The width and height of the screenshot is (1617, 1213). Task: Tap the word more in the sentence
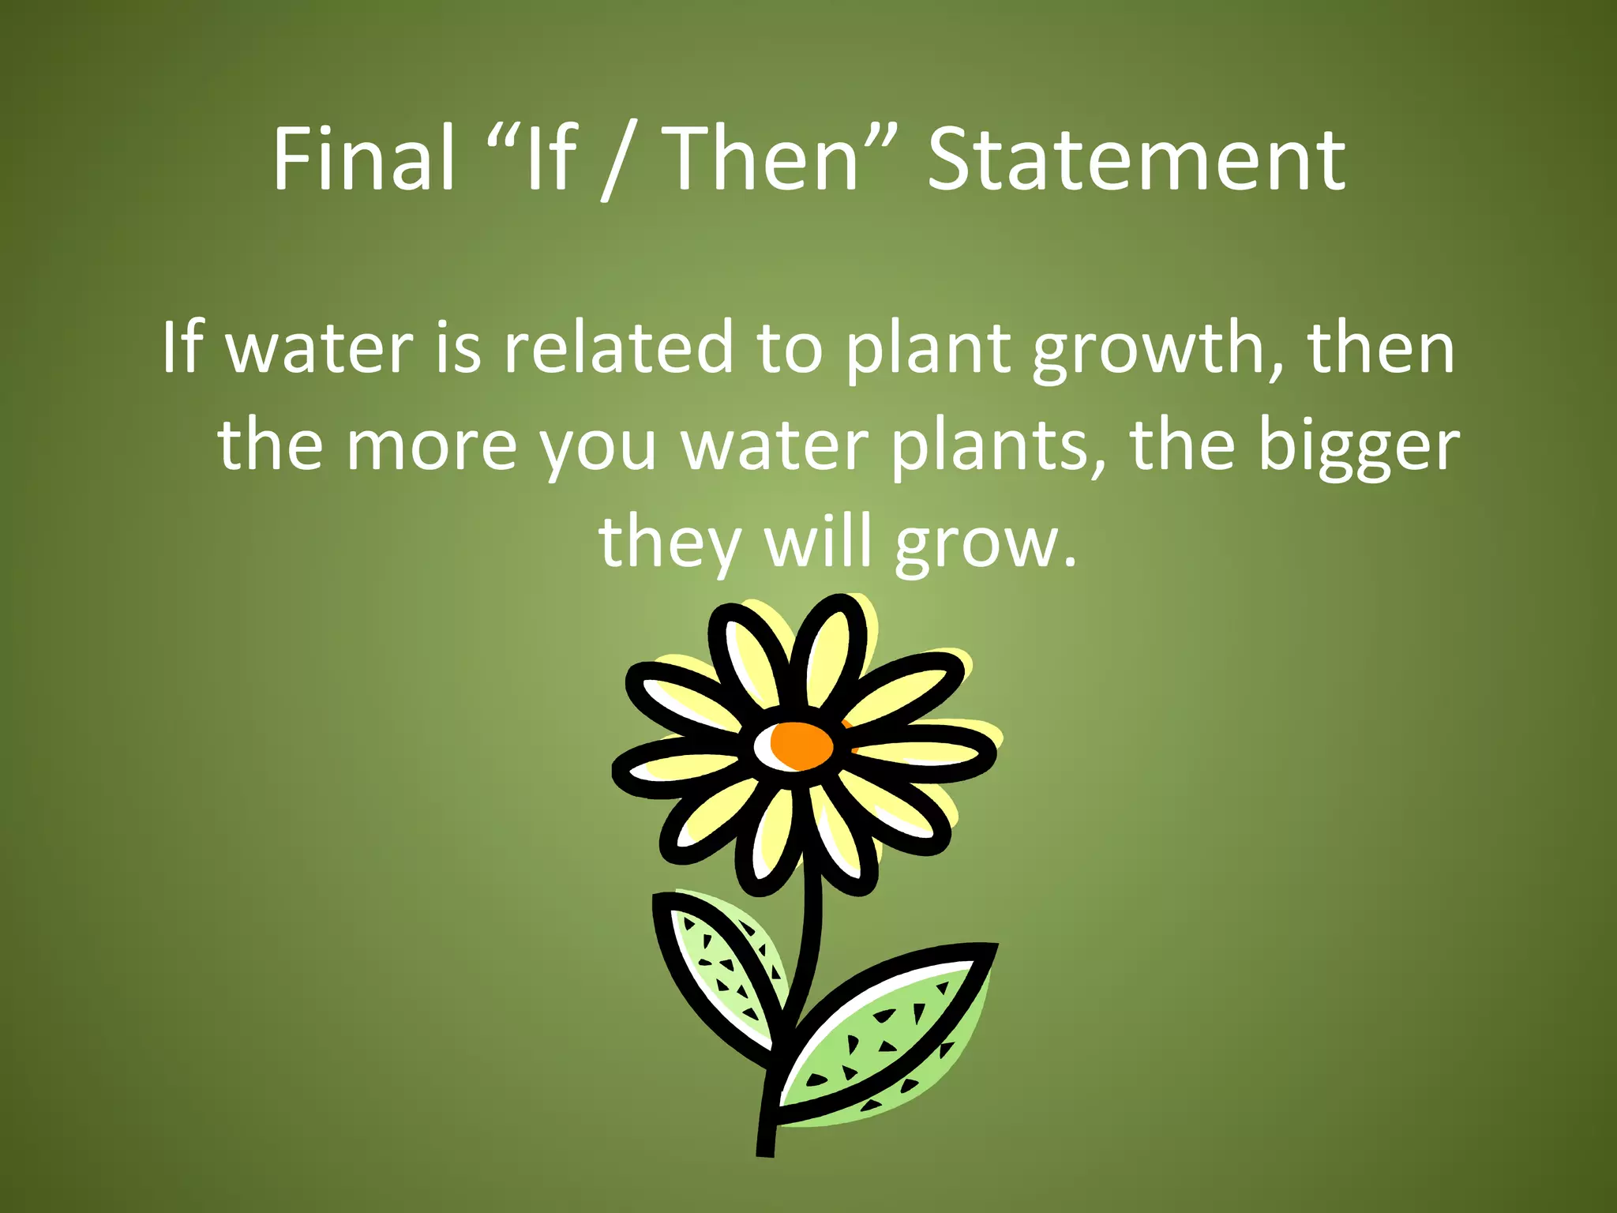point(431,445)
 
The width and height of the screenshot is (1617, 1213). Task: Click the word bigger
point(1358,447)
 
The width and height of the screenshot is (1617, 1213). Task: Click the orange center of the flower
point(801,745)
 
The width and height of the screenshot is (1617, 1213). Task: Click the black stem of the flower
point(805,948)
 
